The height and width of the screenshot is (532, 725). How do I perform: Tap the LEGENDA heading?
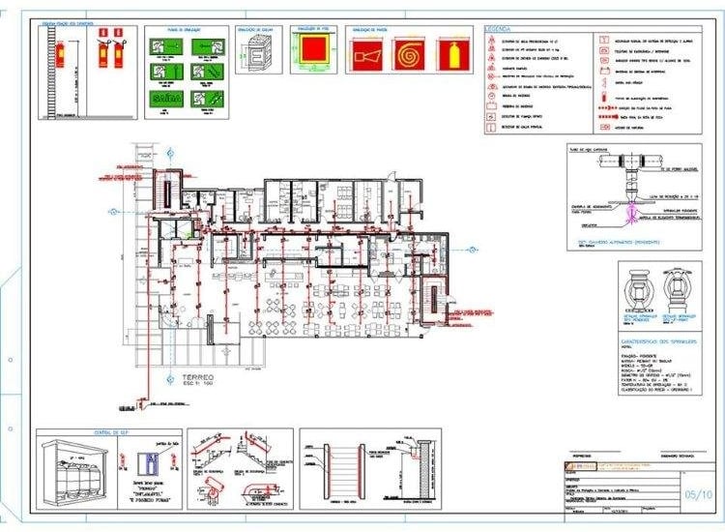(x=499, y=31)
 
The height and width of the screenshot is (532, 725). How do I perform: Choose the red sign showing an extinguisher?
(x=449, y=55)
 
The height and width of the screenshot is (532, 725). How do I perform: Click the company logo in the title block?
(x=575, y=467)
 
